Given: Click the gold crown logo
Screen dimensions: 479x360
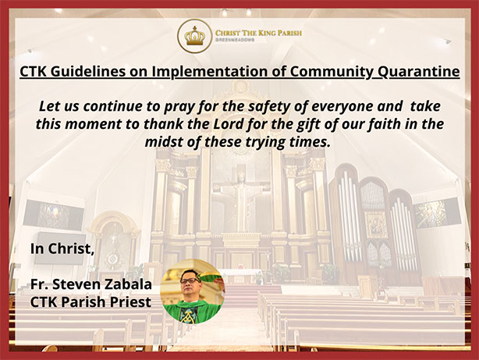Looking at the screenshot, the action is point(194,36).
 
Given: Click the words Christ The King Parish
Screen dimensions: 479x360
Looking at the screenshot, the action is point(258,33).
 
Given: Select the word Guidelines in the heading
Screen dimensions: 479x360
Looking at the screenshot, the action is point(87,72).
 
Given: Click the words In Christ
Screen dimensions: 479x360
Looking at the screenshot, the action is point(62,248).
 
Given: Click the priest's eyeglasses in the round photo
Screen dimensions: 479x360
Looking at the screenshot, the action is point(190,280).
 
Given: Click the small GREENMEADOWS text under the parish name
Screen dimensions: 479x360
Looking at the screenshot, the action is point(235,40).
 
